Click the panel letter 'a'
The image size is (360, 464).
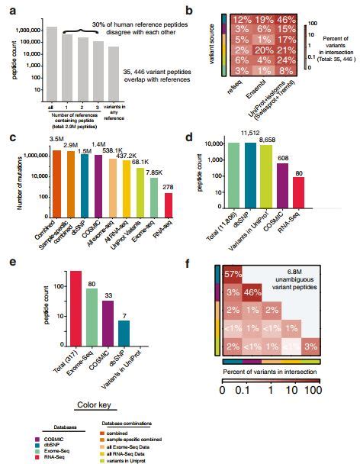coord(8,8)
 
